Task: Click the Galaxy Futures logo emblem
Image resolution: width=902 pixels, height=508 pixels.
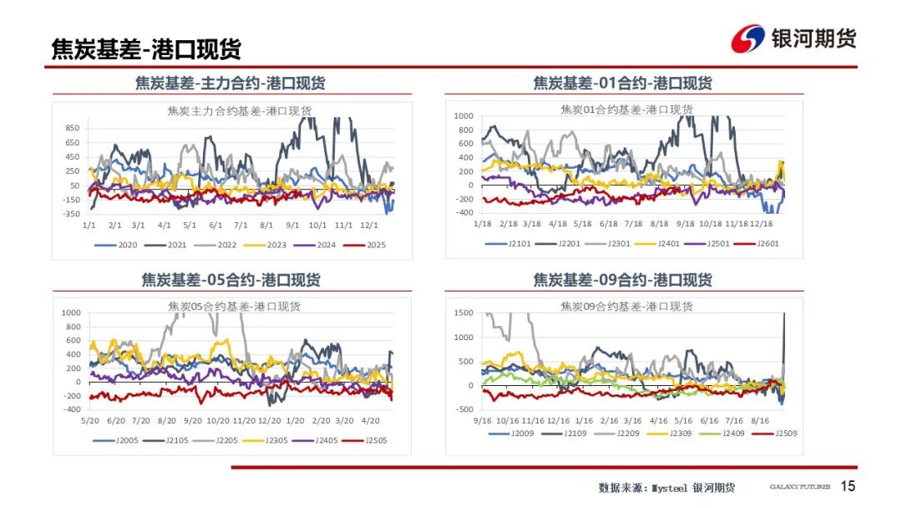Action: click(x=747, y=38)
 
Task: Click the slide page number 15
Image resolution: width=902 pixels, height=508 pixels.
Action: click(x=848, y=486)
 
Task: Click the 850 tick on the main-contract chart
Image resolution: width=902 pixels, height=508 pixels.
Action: click(x=72, y=128)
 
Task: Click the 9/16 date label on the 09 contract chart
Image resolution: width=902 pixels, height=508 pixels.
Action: click(x=483, y=420)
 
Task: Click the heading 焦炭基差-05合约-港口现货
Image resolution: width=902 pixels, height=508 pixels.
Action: click(x=231, y=279)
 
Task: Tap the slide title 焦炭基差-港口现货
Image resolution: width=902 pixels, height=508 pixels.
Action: click(x=146, y=49)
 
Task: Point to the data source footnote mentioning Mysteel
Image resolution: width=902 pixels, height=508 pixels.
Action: click(x=666, y=487)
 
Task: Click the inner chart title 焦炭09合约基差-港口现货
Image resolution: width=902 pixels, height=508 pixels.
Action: click(x=626, y=307)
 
